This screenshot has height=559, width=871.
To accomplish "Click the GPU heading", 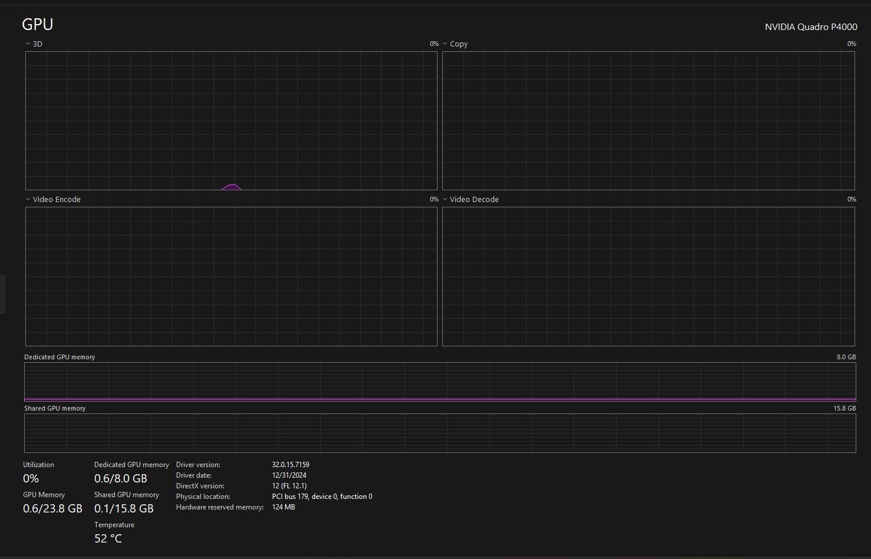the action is click(37, 25).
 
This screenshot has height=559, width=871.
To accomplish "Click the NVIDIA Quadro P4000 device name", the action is click(811, 27).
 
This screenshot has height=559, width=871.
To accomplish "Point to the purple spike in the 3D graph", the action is click(232, 187).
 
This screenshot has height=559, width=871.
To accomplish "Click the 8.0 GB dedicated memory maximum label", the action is click(846, 357).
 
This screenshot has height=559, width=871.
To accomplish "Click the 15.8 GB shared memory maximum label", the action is click(844, 408).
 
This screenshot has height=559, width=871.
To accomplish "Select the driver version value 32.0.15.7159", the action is click(290, 465).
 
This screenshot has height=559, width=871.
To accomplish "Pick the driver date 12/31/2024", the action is click(289, 475).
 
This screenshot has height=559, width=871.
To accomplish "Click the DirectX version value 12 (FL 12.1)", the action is click(289, 486).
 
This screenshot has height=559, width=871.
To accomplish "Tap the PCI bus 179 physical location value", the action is click(322, 497).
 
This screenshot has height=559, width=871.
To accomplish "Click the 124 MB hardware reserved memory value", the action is click(283, 507).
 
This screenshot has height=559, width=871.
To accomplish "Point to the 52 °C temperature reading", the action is click(108, 538).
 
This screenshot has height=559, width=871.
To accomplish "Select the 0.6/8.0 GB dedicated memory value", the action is click(121, 478).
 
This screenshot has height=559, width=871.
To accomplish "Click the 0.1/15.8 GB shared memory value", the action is click(124, 508).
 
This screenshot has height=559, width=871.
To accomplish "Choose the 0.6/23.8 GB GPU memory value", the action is click(52, 508).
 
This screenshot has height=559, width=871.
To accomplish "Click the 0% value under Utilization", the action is click(31, 478).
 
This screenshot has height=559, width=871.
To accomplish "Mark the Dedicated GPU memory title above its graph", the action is click(59, 357).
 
